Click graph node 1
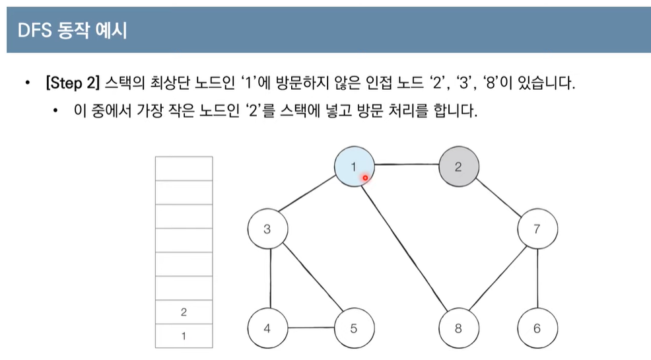(x=354, y=166)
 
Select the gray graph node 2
(x=458, y=166)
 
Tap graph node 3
(x=267, y=230)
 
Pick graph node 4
(x=267, y=328)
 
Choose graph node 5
(x=354, y=328)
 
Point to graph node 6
(x=537, y=328)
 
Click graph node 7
(x=537, y=230)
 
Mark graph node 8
(x=458, y=328)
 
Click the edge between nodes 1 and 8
(x=406, y=247)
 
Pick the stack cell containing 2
(x=184, y=312)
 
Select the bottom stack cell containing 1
(x=184, y=336)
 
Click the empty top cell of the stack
(x=184, y=168)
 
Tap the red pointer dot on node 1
(x=364, y=177)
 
